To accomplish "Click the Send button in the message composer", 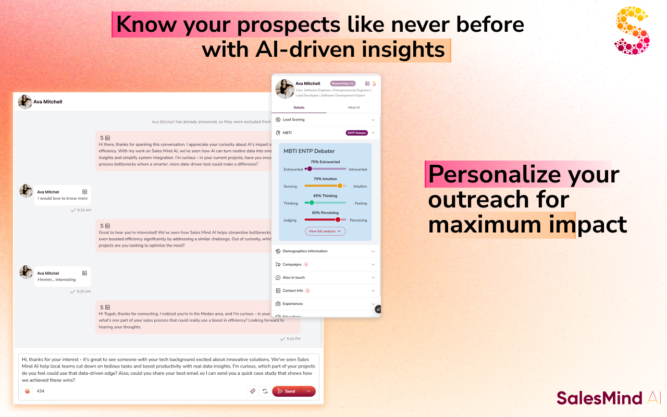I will click(x=287, y=391).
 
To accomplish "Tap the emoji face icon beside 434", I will click(x=27, y=391).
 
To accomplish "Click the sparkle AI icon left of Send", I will click(x=253, y=391).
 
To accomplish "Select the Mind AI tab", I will click(x=353, y=107).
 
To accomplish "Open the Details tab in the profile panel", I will click(x=299, y=107).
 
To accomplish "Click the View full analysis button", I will click(x=325, y=231).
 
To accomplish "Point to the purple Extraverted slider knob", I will click(x=310, y=168).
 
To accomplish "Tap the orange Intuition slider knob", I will click(x=340, y=186).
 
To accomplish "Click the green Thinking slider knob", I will click(x=312, y=202).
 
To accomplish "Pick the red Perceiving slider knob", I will click(x=338, y=219).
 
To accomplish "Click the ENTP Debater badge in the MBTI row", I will click(x=356, y=133).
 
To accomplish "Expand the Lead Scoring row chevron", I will click(x=373, y=120).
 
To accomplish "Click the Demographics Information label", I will click(x=305, y=251).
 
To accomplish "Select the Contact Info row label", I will click(x=293, y=290).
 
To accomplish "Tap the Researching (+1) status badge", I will click(x=342, y=83).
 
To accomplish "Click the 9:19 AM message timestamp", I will click(x=84, y=210).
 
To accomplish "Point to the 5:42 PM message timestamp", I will click(x=293, y=339).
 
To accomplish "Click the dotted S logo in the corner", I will click(x=632, y=30).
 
